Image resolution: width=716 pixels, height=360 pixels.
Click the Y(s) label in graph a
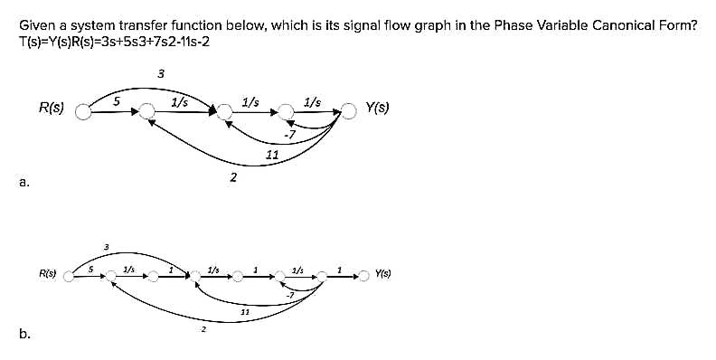378,109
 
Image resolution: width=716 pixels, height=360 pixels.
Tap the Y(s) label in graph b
377,272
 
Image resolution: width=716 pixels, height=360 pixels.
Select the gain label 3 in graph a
160,73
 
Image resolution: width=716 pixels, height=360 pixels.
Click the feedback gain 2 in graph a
233,177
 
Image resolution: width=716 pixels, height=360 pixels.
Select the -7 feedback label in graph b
289,295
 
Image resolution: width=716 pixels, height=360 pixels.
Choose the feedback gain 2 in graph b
203,329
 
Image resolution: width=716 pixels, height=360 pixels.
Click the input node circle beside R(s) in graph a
83,112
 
